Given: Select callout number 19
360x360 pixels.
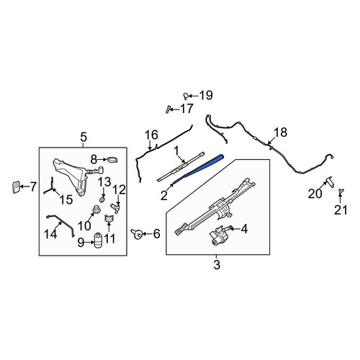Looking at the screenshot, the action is tap(206, 95).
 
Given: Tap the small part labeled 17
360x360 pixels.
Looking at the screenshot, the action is tap(167, 109).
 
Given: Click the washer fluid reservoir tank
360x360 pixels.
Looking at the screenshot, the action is tap(71, 175).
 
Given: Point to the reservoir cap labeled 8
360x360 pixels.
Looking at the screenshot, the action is tap(112, 159).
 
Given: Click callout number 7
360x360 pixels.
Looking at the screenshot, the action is tap(33, 186).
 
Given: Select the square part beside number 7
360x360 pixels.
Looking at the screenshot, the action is tap(16, 187).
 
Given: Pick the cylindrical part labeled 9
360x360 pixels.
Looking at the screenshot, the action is tap(97, 240).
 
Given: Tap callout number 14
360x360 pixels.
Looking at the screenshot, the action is tap(50, 234).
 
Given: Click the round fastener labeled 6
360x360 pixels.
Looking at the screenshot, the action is tap(138, 234).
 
